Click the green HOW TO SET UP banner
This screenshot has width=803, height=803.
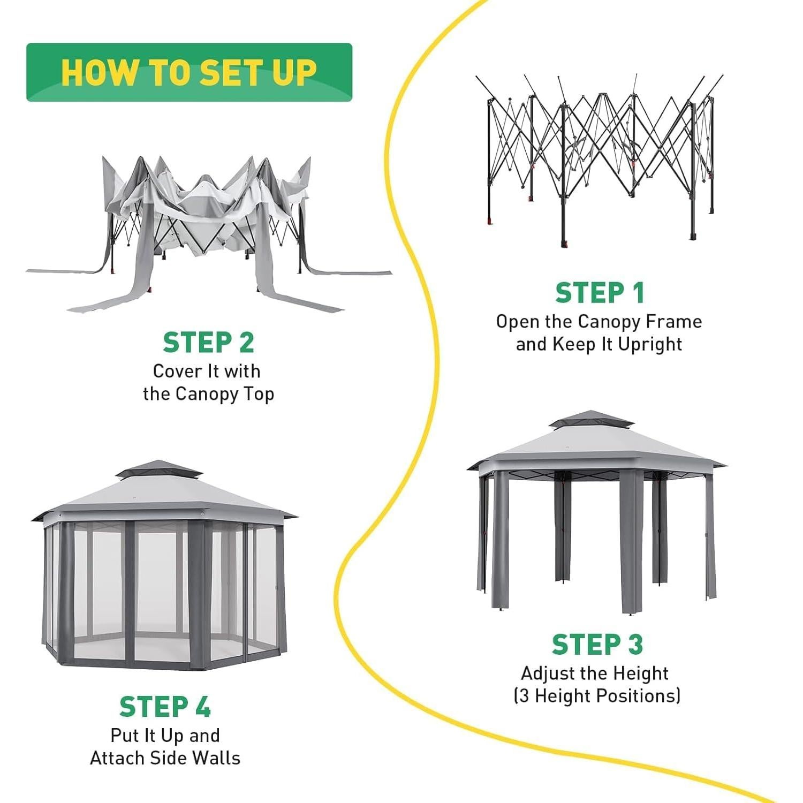point(189,72)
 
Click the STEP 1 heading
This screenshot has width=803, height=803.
point(600,293)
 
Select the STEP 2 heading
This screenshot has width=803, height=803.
point(208,343)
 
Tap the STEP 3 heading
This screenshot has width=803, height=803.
point(597,644)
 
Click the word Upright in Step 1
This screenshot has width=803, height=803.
point(650,345)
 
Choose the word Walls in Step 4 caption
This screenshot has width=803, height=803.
point(216,758)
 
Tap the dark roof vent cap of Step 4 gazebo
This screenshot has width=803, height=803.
point(160,469)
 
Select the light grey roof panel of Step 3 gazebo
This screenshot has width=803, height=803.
point(595,447)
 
